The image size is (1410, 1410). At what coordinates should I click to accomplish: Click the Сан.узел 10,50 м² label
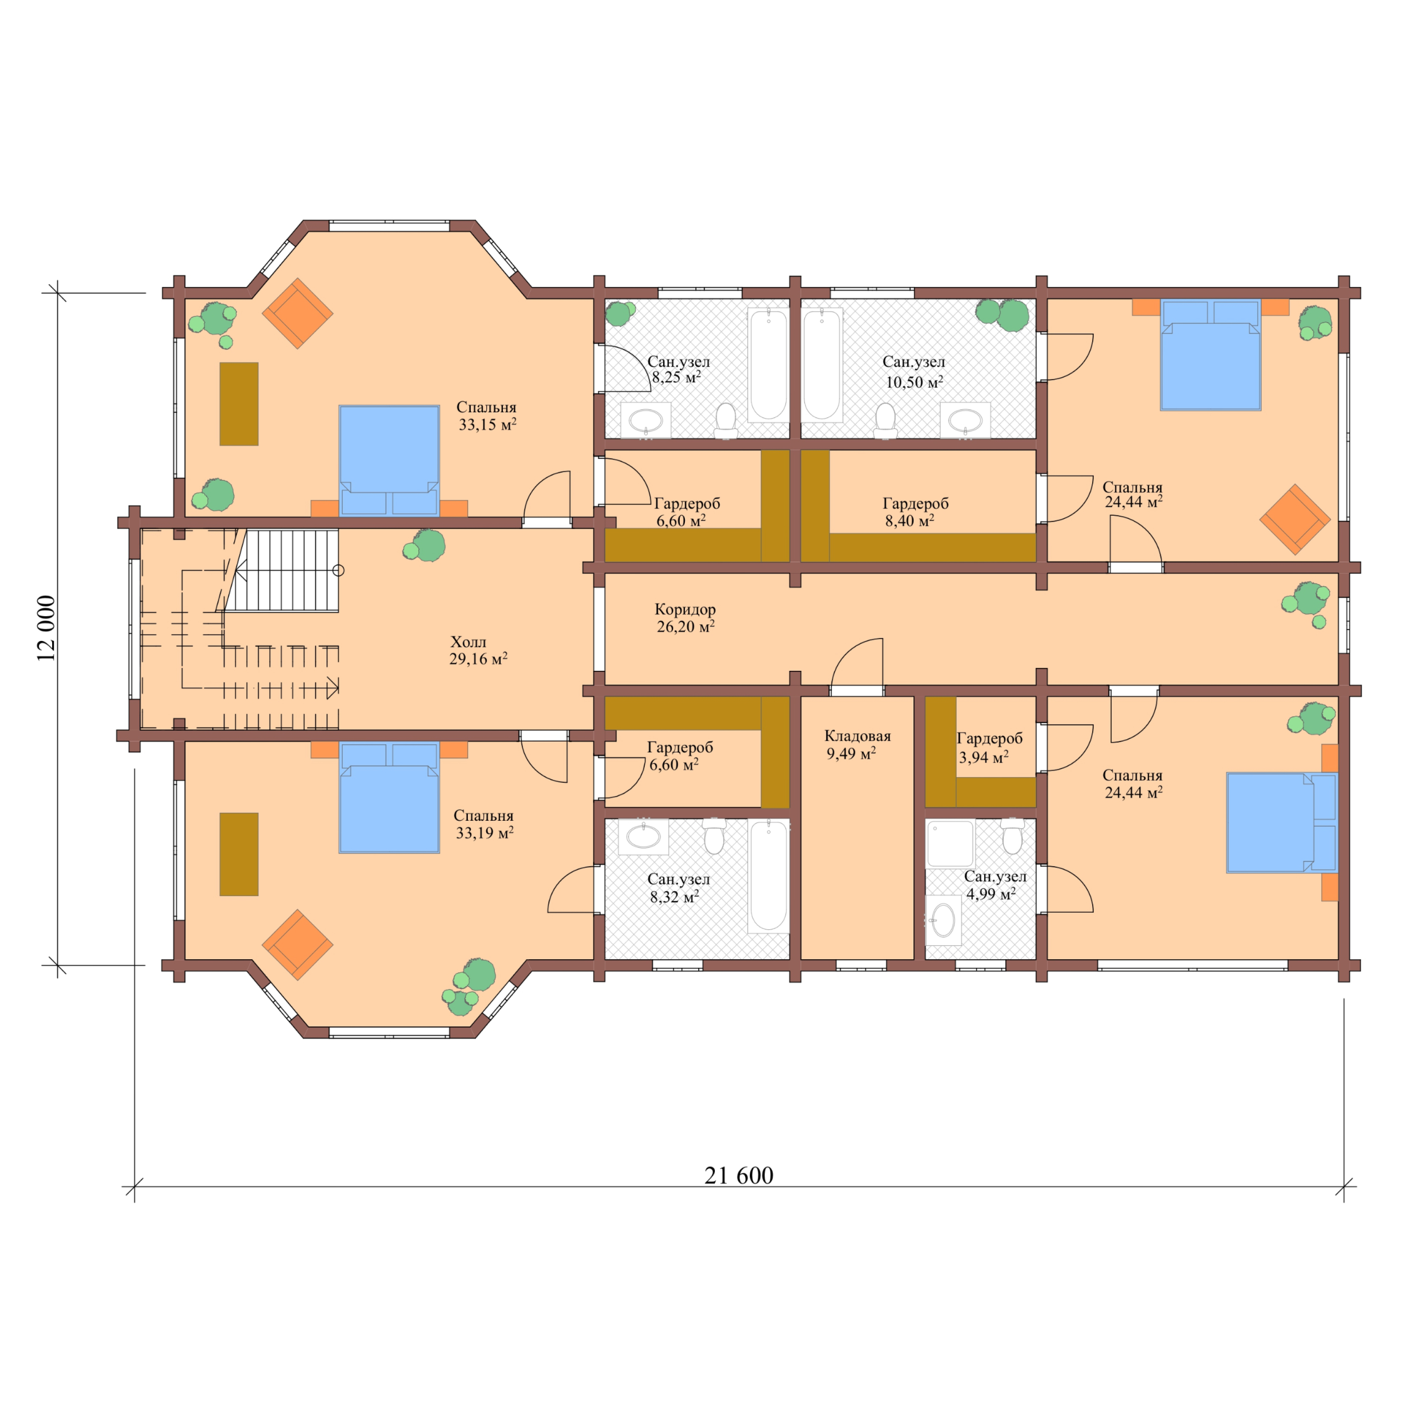pos(914,371)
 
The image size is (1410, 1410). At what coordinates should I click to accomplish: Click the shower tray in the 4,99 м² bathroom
pos(950,843)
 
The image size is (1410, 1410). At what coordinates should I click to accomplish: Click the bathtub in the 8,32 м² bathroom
pos(769,876)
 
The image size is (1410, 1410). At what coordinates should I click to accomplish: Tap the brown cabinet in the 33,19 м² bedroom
pos(239,854)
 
